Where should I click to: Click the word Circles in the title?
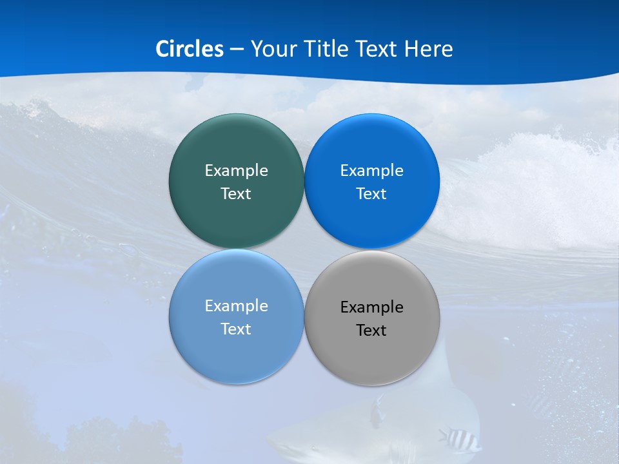(190, 48)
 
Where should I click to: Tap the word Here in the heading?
(429, 48)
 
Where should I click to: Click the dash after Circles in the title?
(236, 49)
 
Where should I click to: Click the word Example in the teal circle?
(236, 170)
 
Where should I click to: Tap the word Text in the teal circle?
(236, 193)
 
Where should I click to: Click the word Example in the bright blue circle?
(371, 170)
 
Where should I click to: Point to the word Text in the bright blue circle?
(371, 193)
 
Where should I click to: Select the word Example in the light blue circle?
(236, 305)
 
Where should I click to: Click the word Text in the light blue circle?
(236, 329)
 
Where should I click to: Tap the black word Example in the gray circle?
(371, 307)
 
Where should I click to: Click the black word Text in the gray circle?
(371, 330)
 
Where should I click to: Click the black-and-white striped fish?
(459, 440)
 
